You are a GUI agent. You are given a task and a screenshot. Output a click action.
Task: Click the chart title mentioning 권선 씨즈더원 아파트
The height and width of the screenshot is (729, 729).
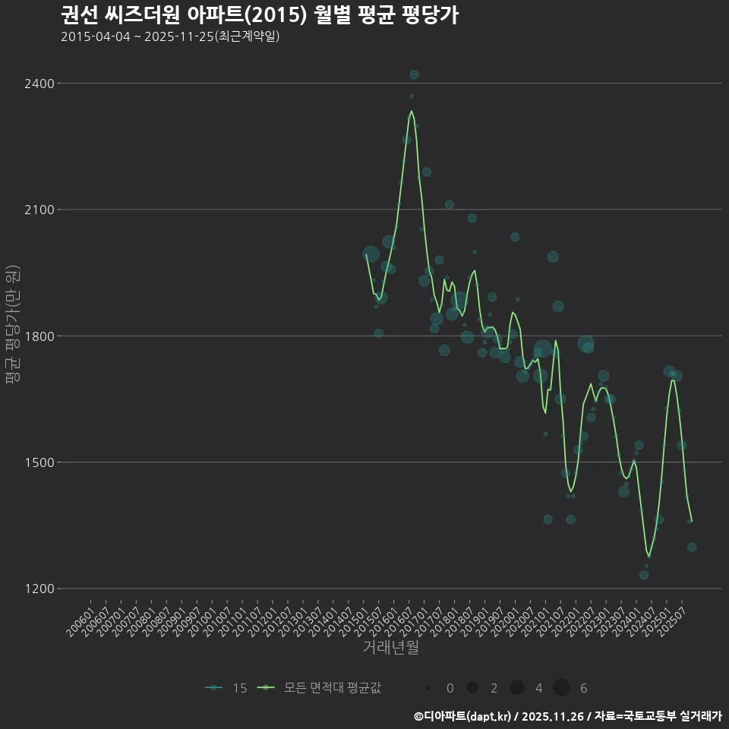[x=259, y=14]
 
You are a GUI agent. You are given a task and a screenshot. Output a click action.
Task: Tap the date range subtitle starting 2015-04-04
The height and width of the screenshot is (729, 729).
[x=170, y=36]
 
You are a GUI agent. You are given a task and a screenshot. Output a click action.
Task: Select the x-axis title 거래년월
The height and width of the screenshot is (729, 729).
[x=390, y=647]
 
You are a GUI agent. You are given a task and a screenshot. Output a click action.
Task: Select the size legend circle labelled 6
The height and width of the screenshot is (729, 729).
[x=561, y=688]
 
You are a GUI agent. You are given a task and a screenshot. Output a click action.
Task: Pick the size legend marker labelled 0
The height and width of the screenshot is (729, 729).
[x=428, y=688]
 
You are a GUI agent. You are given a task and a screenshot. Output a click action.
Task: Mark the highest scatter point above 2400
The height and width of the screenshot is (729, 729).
[x=414, y=74]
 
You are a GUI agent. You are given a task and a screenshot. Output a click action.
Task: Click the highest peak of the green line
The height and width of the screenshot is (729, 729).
[x=412, y=111]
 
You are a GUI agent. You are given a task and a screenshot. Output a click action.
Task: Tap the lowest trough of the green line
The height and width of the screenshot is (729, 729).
[x=649, y=557]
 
